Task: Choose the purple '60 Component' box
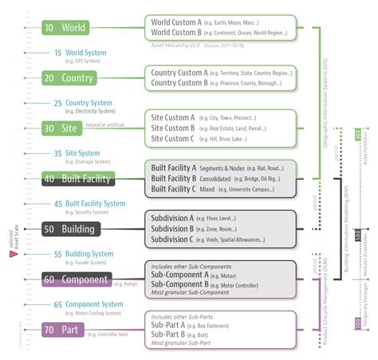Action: coord(76,279)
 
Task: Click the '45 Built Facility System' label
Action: coord(95,204)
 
